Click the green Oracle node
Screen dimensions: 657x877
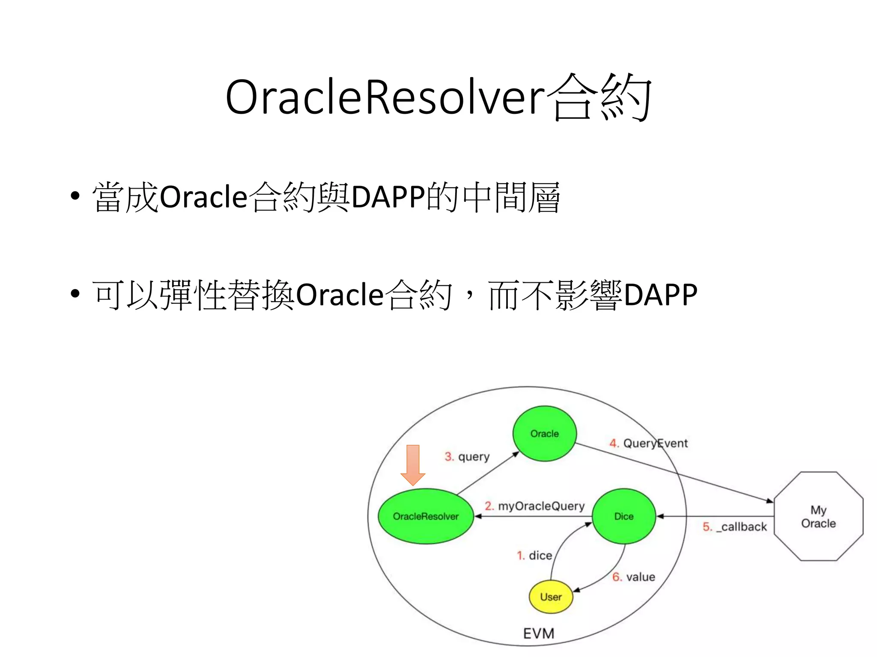(544, 433)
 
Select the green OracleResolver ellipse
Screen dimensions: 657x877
(426, 516)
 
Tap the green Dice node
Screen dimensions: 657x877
(623, 516)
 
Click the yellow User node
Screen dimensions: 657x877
(551, 597)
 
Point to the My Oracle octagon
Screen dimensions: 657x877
(818, 516)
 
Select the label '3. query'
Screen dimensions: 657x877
(467, 457)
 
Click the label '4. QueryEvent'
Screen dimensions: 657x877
(648, 443)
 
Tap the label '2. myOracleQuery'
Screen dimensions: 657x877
(534, 506)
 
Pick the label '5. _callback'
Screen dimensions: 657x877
(734, 527)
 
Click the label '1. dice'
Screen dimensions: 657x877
(534, 556)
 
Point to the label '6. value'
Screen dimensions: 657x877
(633, 577)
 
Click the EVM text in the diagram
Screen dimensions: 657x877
(538, 633)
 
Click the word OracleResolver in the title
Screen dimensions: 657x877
(385, 98)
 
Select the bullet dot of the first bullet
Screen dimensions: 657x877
(75, 197)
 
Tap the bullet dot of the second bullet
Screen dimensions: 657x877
(75, 294)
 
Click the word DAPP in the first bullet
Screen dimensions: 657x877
(388, 197)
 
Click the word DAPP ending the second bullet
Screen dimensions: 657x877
(660, 295)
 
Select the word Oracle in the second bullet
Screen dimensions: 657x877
(340, 295)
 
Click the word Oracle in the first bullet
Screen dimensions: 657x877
(203, 197)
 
